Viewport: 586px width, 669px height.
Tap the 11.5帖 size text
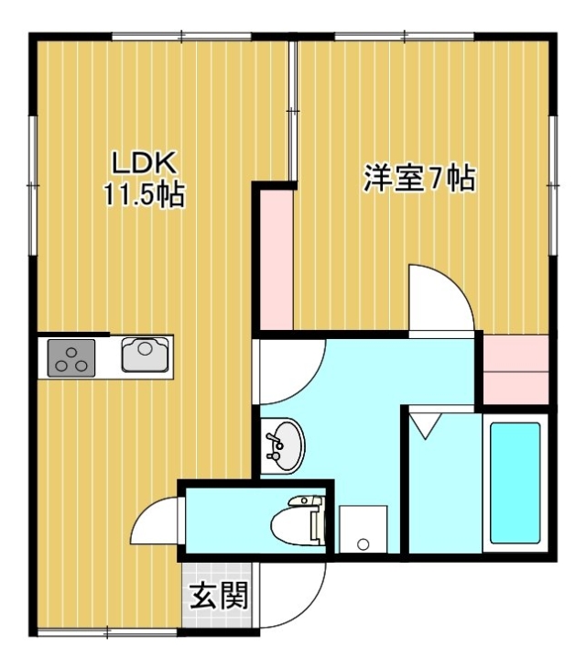[145, 194]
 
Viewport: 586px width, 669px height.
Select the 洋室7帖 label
[419, 178]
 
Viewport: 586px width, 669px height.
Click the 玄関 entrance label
[219, 596]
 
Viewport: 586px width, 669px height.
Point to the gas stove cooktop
[71, 358]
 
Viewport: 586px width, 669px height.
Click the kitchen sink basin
[145, 355]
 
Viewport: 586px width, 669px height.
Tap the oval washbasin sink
[283, 445]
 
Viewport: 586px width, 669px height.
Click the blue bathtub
[515, 483]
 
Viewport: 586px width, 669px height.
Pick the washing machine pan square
[364, 529]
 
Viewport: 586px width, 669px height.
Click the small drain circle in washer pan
[364, 544]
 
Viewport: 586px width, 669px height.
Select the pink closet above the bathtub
[515, 369]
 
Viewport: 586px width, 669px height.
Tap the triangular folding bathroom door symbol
[425, 425]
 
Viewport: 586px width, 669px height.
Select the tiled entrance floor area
[217, 595]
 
